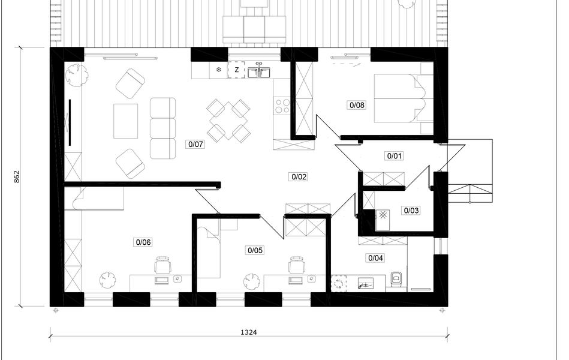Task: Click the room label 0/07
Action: tap(195, 144)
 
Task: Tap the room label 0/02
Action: tap(299, 177)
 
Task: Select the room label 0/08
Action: tap(357, 106)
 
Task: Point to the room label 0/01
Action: tap(394, 156)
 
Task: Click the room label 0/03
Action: tap(411, 211)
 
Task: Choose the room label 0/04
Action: tap(375, 258)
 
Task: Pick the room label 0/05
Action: tap(255, 250)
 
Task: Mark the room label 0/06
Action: tap(143, 242)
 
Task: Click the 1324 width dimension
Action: tap(249, 332)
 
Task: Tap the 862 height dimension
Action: tap(17, 176)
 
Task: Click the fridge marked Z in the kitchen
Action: tap(237, 70)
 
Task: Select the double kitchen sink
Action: tap(259, 71)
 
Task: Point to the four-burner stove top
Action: tap(282, 106)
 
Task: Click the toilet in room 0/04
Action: tap(396, 279)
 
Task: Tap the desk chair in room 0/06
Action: tap(163, 265)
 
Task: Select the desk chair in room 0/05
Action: tap(297, 265)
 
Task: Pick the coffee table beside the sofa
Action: tap(125, 121)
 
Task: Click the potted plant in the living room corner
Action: tap(76, 75)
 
